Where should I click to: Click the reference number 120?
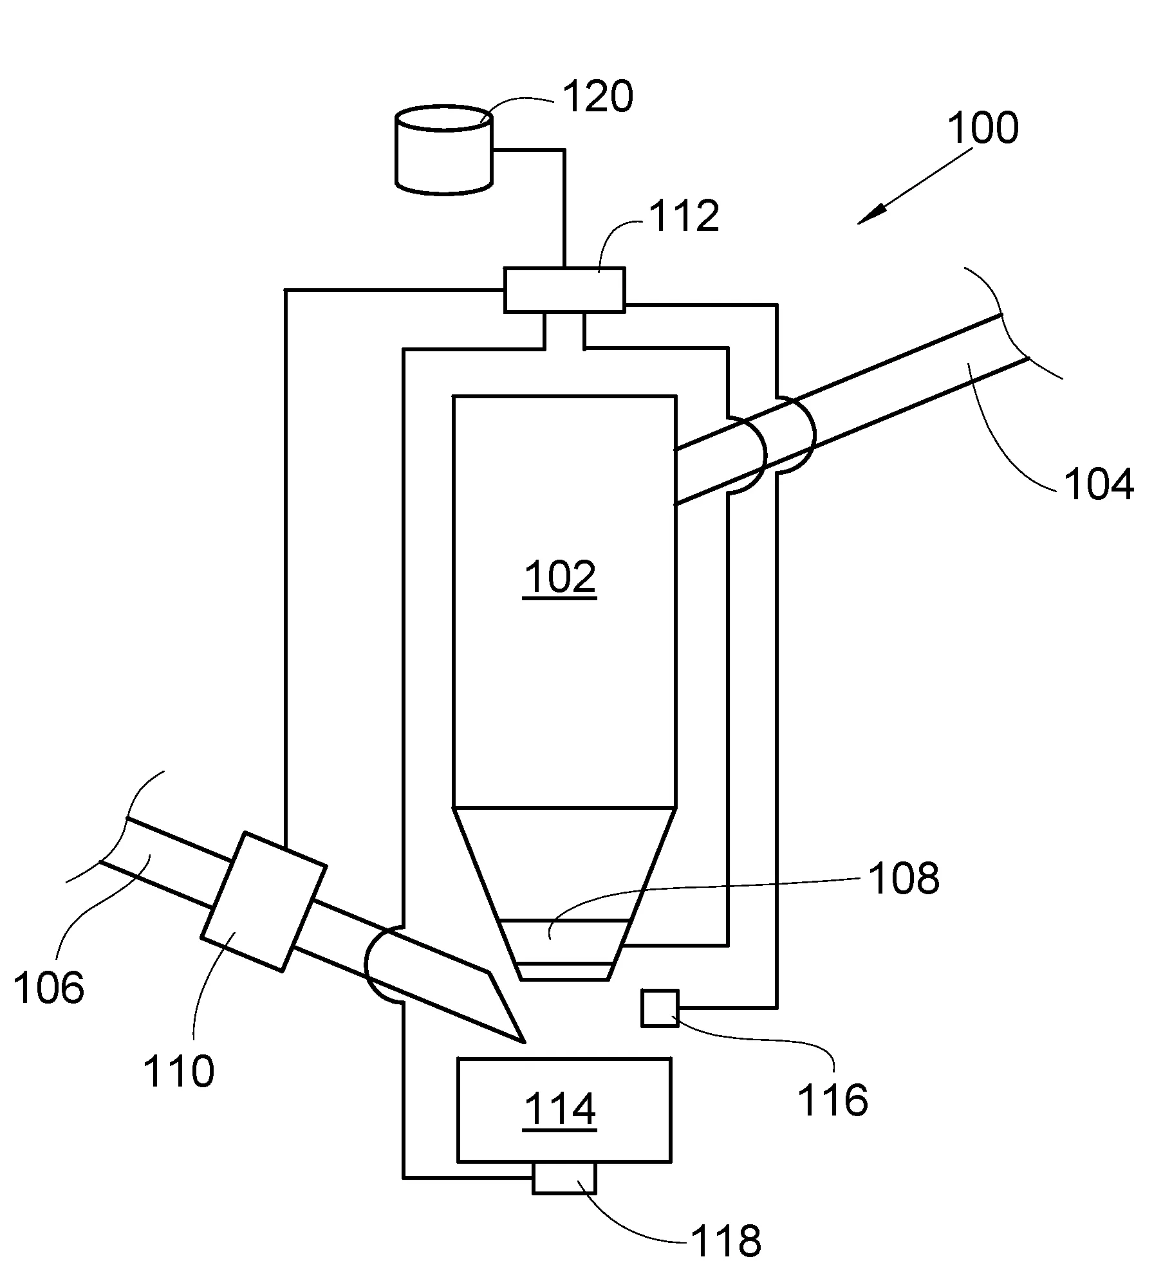[x=598, y=97]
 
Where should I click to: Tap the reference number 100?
[x=983, y=128]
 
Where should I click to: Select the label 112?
[x=684, y=216]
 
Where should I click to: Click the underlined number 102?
[x=560, y=577]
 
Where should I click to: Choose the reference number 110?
[x=178, y=1072]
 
